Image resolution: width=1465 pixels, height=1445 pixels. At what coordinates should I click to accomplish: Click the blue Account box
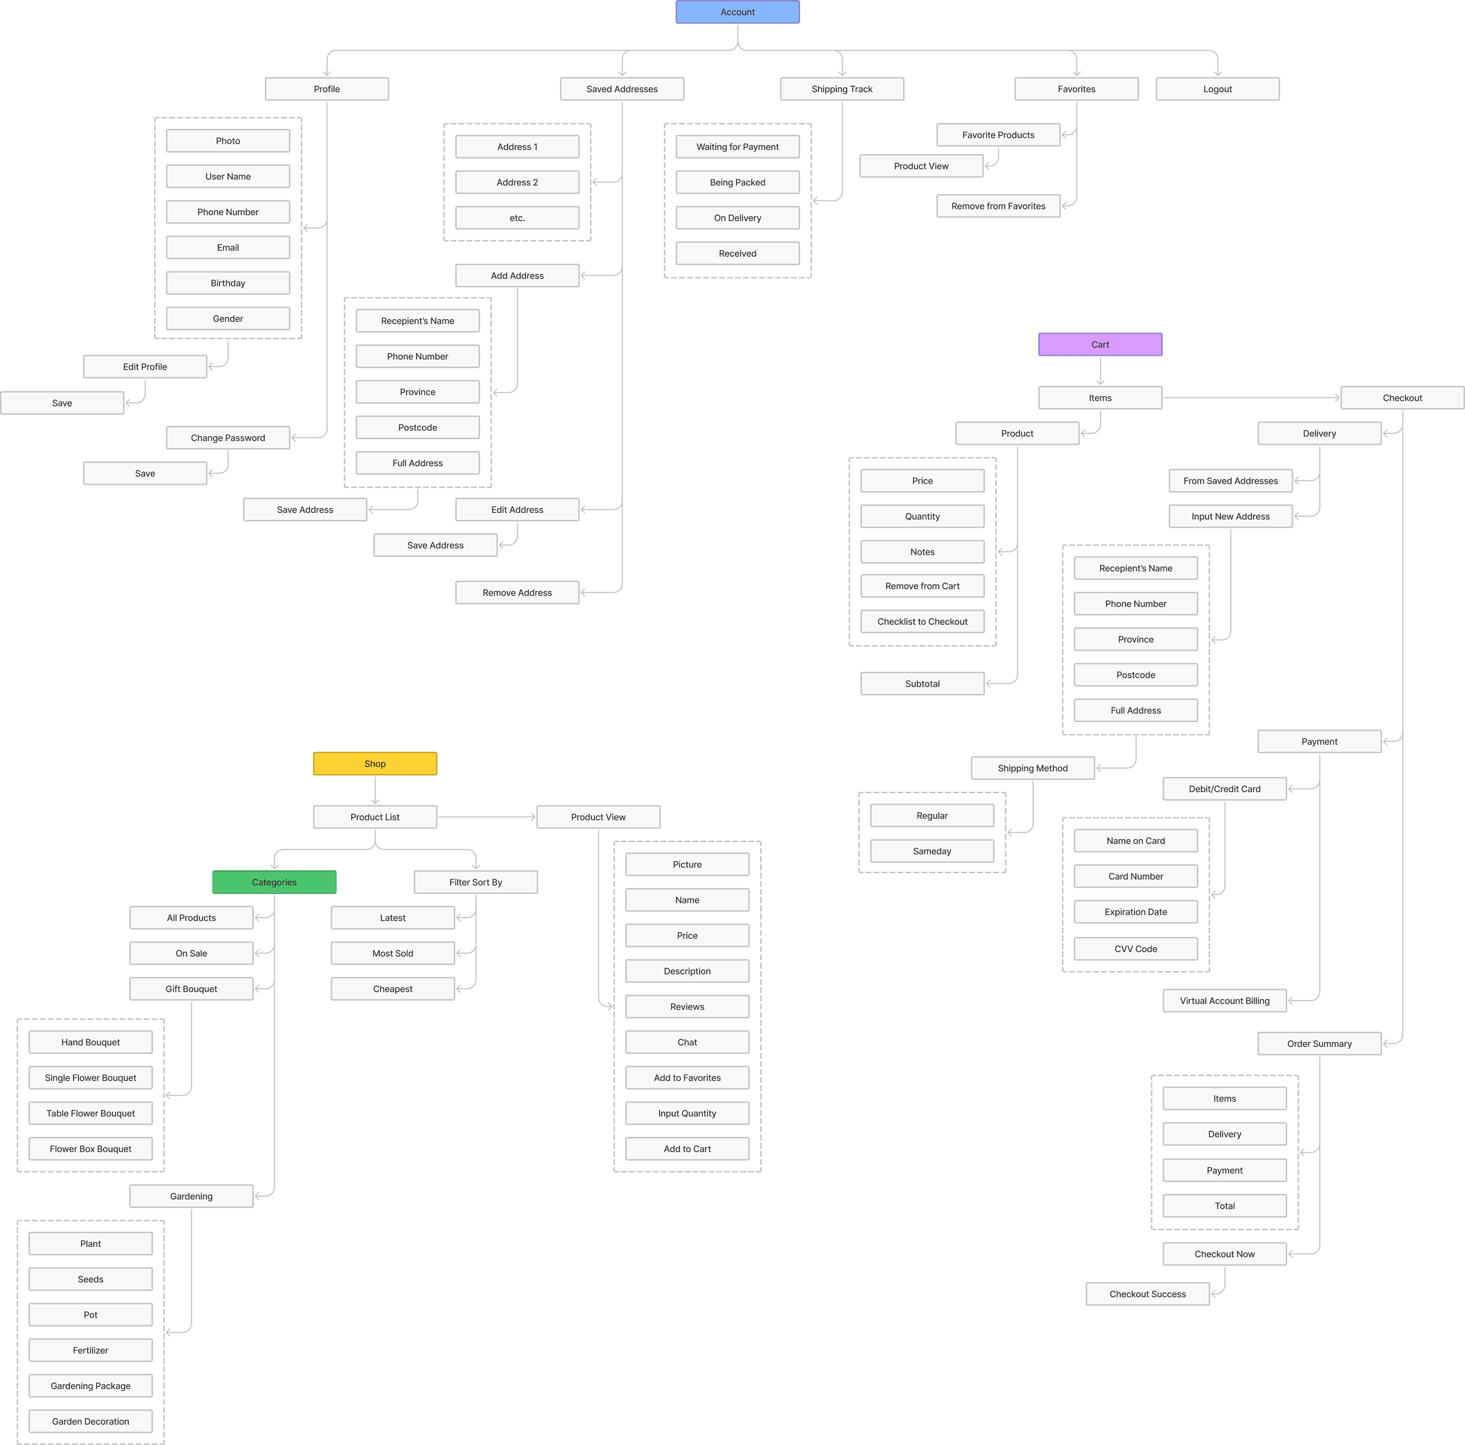point(737,12)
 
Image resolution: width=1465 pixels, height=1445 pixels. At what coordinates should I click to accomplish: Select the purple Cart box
point(1099,344)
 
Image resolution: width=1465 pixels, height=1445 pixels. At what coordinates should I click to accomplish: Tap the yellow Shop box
point(374,764)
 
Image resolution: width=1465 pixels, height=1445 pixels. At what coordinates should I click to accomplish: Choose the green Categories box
point(274,882)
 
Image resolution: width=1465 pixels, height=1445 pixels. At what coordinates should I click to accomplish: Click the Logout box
point(1217,89)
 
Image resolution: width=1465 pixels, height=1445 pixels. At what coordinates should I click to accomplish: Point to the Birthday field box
point(227,283)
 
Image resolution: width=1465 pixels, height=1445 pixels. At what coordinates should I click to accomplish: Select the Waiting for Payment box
point(737,146)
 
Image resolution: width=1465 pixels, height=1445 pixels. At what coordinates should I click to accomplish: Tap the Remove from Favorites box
point(998,206)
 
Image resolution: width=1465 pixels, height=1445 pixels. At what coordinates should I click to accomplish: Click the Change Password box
point(227,437)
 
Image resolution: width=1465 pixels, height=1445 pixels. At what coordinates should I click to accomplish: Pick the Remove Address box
point(517,592)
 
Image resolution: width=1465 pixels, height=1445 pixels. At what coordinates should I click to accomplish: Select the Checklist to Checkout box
point(922,621)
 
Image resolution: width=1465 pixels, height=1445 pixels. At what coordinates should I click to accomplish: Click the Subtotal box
point(922,683)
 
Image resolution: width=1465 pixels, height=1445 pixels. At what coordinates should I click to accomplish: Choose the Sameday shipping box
point(932,851)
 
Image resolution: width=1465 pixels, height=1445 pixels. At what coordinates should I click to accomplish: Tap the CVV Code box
point(1135,948)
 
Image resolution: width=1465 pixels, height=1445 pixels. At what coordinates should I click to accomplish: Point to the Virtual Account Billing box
point(1225,1000)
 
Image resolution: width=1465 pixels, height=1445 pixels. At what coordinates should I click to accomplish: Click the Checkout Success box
point(1147,1294)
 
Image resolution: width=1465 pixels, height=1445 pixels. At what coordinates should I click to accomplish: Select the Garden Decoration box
point(90,1421)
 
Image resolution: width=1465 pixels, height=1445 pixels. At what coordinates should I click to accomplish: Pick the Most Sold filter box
point(393,953)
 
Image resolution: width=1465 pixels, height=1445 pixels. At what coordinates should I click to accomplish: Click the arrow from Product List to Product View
point(487,817)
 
